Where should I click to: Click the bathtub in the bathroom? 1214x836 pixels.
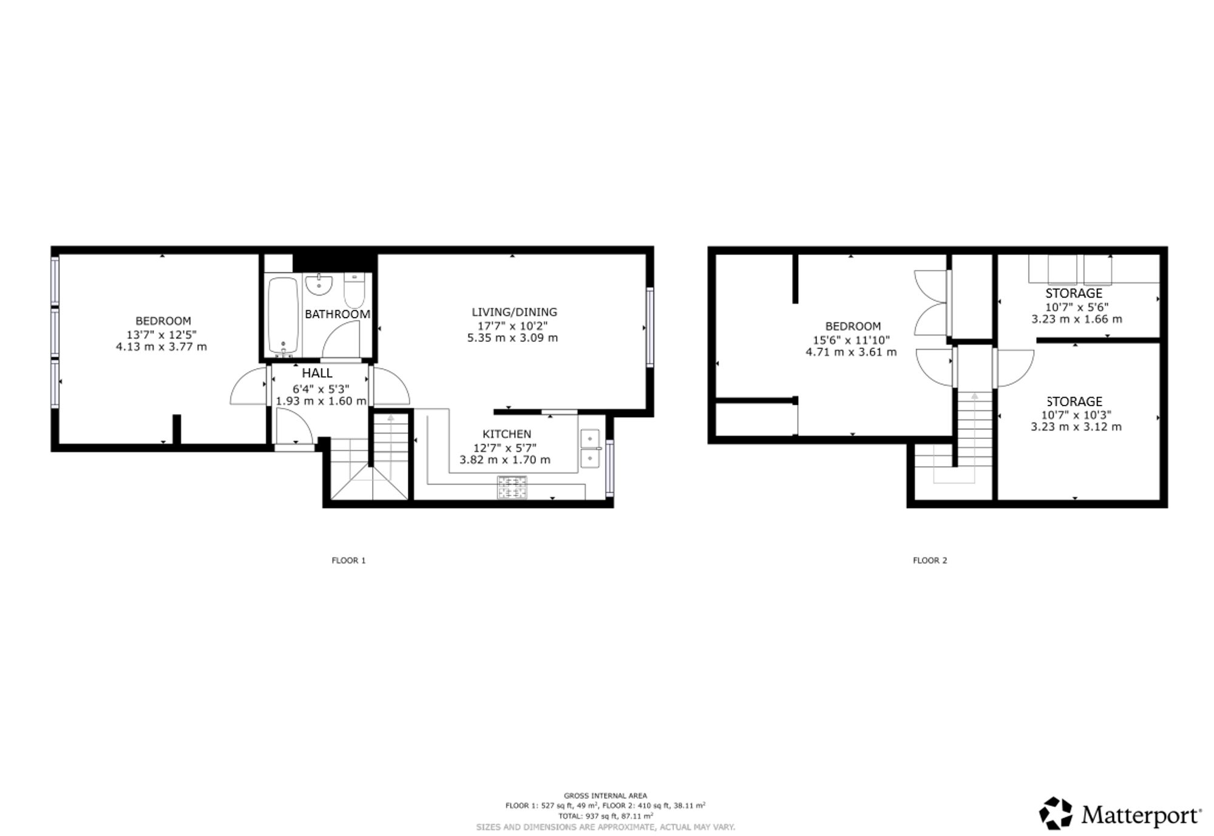coord(283,315)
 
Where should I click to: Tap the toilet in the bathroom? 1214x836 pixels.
coord(354,291)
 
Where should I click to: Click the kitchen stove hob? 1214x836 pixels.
coord(512,488)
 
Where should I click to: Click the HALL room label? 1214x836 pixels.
coord(317,373)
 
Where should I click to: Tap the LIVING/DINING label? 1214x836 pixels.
coord(514,312)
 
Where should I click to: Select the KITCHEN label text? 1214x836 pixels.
coord(507,434)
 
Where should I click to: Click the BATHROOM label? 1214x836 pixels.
coord(337,314)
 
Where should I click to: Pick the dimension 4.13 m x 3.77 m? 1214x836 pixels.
coord(161,347)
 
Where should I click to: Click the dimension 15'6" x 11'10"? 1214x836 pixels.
coord(852,340)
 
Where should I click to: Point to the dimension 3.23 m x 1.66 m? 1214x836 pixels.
coord(1077,319)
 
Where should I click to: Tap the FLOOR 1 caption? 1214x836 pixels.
coord(348,560)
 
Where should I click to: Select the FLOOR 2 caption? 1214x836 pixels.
coord(930,560)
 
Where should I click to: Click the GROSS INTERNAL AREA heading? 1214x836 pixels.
coord(605,795)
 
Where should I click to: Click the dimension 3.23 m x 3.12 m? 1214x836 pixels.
coord(1076,427)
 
